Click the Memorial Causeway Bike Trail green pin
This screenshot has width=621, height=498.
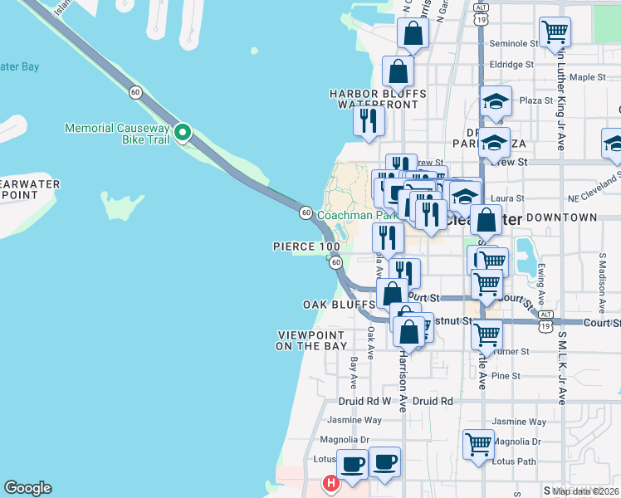click(183, 133)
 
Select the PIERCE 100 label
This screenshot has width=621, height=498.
click(306, 247)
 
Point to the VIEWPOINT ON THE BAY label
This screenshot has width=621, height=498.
click(311, 340)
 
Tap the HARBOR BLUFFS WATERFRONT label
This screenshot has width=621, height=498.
click(378, 100)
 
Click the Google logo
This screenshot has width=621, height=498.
click(27, 488)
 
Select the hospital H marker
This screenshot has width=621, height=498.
click(330, 482)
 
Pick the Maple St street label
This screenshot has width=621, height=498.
click(589, 77)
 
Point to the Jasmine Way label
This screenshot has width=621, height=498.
click(354, 420)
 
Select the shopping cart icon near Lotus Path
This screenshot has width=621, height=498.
click(479, 444)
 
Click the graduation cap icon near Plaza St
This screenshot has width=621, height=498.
click(496, 102)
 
